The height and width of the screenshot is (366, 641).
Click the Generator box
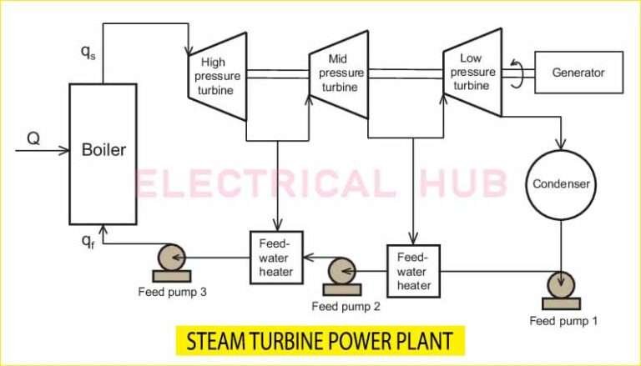[x=578, y=73]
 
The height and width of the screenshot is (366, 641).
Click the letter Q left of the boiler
[x=33, y=139]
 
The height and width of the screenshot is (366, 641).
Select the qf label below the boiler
[x=88, y=241]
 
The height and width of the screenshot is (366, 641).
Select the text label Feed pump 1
[x=563, y=320]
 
